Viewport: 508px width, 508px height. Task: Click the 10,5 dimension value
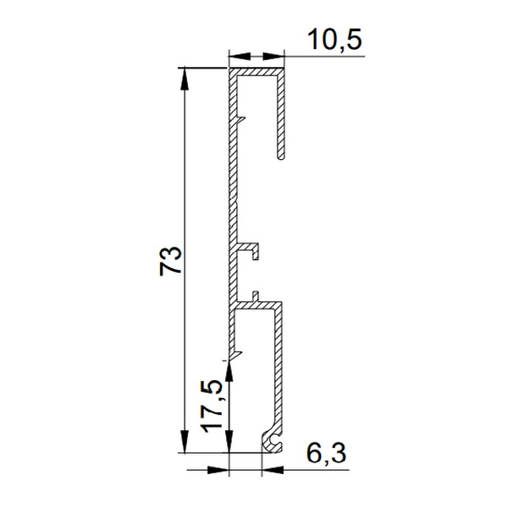335,40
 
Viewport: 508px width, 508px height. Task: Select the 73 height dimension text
170,261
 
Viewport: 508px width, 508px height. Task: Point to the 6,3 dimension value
326,454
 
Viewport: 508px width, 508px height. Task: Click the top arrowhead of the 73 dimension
185,78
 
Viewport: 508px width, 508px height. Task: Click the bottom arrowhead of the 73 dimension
185,441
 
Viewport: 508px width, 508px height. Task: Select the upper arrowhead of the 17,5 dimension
229,371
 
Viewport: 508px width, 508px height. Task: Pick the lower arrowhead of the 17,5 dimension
229,441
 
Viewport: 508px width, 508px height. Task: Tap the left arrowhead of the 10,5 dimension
240,57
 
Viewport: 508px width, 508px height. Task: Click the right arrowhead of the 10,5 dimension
273,57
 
